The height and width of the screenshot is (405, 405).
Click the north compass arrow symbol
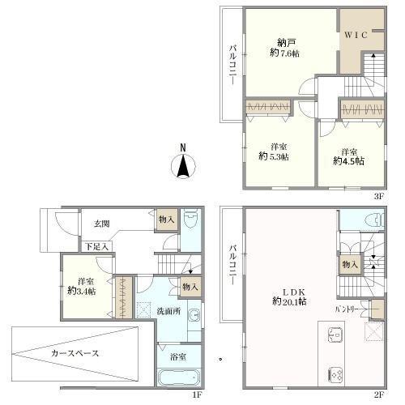point(183,167)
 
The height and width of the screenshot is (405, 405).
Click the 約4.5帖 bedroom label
point(348,156)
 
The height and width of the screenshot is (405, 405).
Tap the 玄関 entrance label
point(101,224)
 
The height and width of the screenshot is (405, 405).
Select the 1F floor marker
point(196,394)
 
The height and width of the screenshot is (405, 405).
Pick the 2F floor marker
point(377,394)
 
